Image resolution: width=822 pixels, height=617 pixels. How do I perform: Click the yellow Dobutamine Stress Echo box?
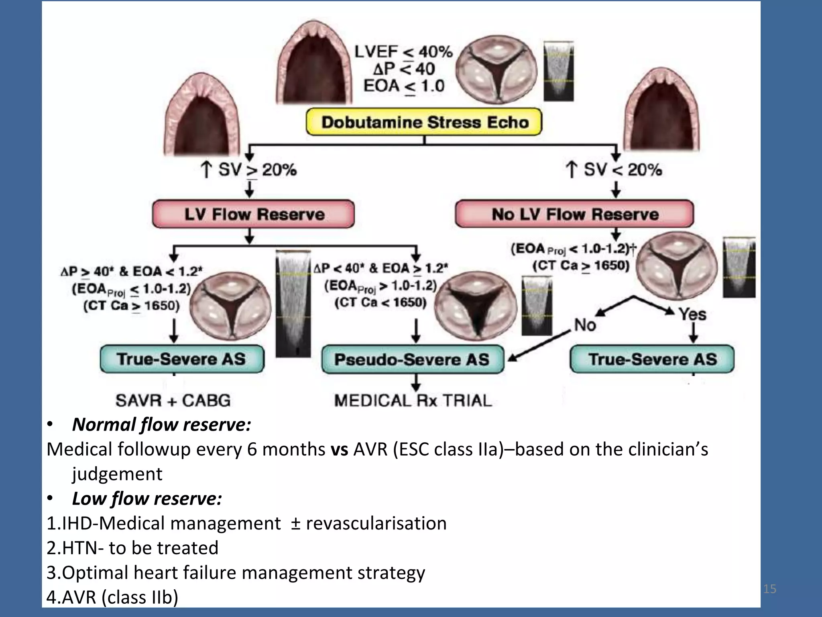424,122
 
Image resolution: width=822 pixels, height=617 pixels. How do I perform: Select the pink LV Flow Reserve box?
253,214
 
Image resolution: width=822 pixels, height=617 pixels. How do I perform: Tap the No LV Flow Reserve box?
574,214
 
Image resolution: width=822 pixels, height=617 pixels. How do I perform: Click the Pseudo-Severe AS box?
412,360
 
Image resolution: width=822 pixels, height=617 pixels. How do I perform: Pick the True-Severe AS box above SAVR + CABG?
182,359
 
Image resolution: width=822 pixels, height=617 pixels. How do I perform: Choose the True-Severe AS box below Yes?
652,359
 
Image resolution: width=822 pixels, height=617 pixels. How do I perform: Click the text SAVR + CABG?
173,400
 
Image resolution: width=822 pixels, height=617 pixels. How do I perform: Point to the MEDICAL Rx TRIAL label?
413,400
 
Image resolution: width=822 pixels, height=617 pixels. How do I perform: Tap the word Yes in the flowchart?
692,314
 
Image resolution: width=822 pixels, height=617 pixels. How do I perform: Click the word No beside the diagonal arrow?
585,325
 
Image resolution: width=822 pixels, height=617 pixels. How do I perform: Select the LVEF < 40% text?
403,52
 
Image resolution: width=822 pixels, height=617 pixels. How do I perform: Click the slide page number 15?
769,589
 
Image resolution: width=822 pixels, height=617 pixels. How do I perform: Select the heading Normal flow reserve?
161,425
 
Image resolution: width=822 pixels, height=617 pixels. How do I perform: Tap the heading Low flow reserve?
147,499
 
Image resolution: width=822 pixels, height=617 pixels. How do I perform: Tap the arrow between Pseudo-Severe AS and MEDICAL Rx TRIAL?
416,383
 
